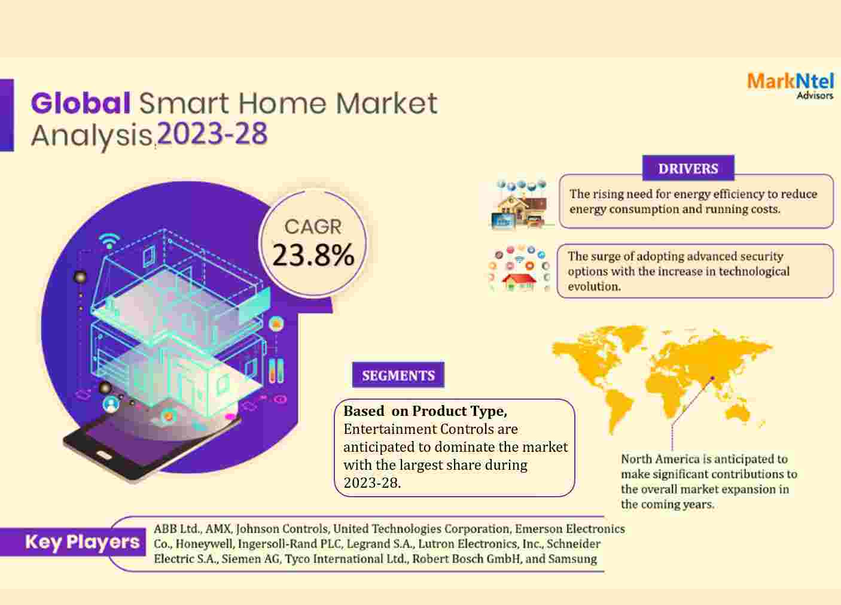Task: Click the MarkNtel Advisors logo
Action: click(x=790, y=86)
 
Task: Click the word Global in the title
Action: click(x=81, y=103)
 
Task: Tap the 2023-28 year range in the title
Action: click(x=212, y=133)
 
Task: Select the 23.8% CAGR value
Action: click(x=313, y=255)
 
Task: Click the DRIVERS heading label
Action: click(x=688, y=168)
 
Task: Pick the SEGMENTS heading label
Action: click(x=398, y=375)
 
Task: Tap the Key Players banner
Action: click(x=73, y=542)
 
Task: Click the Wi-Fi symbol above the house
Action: click(x=109, y=241)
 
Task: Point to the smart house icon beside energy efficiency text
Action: click(x=520, y=205)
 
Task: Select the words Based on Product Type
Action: click(x=425, y=411)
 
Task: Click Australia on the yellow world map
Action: click(x=737, y=413)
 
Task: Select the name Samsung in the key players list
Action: click(x=572, y=559)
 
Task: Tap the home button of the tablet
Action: click(x=104, y=456)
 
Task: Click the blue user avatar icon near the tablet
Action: click(x=111, y=404)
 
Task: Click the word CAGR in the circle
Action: click(x=313, y=226)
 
